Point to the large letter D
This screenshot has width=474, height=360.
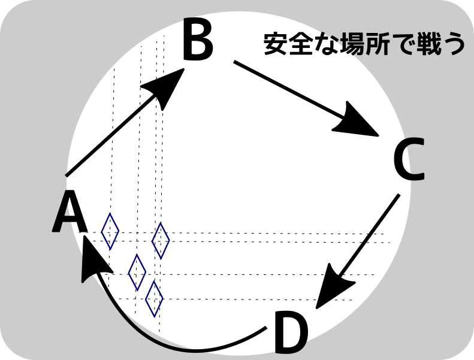291,333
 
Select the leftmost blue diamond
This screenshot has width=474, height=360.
110,231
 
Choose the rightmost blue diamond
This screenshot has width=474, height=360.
161,240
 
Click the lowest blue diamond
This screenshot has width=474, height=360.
154,298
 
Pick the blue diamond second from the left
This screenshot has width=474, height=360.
137,272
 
